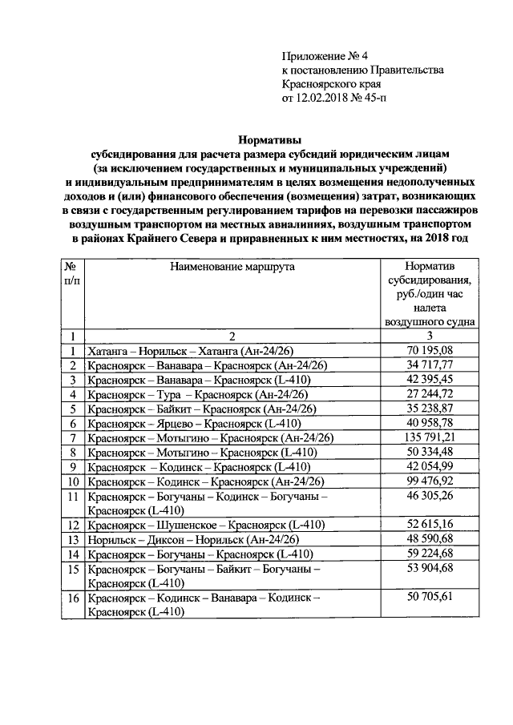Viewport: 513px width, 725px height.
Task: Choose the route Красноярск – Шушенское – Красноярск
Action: point(206,525)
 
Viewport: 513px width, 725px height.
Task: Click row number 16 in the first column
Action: point(73,598)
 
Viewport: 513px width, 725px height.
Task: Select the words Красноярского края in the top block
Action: point(330,85)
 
